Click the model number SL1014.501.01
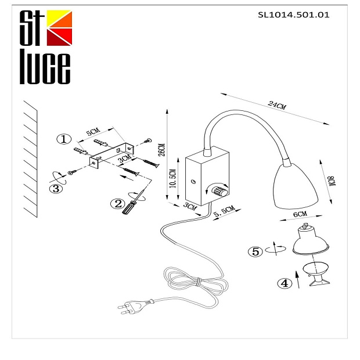coord(293,15)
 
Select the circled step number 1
coord(64,139)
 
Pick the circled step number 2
coord(118,203)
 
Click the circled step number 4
coord(283,283)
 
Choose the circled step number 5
coord(255,251)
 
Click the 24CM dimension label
coord(278,106)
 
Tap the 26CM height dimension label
coord(162,150)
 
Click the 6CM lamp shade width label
coord(300,215)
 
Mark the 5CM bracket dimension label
coord(93,132)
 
